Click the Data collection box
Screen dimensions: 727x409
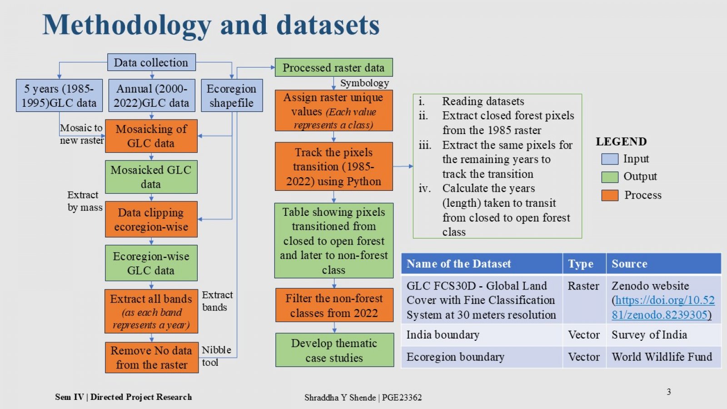pyautogui.click(x=152, y=62)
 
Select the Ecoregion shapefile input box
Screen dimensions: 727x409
pyautogui.click(x=232, y=95)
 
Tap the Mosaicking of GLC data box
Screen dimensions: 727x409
pyautogui.click(x=151, y=136)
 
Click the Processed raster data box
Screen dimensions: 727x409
pyautogui.click(x=334, y=68)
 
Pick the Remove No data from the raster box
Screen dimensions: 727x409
pyautogui.click(x=152, y=357)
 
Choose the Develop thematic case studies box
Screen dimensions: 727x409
pyautogui.click(x=334, y=350)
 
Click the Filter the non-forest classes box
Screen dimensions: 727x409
pyautogui.click(x=334, y=305)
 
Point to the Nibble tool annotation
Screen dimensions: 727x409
pyautogui.click(x=216, y=356)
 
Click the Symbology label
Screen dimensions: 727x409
pyautogui.click(x=364, y=83)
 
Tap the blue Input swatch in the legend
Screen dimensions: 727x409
pyautogui.click(x=610, y=159)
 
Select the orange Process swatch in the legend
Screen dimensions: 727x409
pyautogui.click(x=610, y=195)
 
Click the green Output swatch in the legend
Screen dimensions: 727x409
pyautogui.click(x=610, y=177)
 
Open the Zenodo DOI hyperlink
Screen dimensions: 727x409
pyautogui.click(x=663, y=307)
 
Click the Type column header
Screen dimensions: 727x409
pyautogui.click(x=581, y=264)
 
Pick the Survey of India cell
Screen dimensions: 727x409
pyautogui.click(x=649, y=334)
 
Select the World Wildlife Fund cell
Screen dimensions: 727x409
pyautogui.click(x=662, y=357)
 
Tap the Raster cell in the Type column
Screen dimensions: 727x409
pyautogui.click(x=583, y=286)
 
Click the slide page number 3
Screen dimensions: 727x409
pyautogui.click(x=669, y=392)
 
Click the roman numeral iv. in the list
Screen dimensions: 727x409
pyautogui.click(x=424, y=188)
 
